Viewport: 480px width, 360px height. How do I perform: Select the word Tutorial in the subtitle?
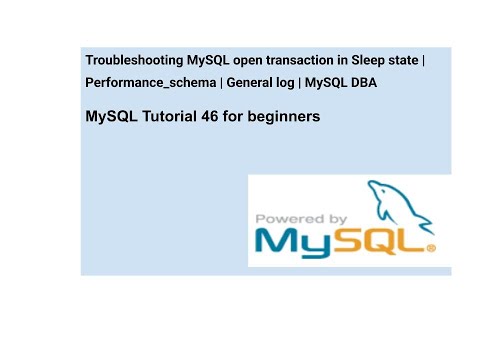tap(175, 117)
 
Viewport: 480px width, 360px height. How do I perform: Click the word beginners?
tap(286, 117)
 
